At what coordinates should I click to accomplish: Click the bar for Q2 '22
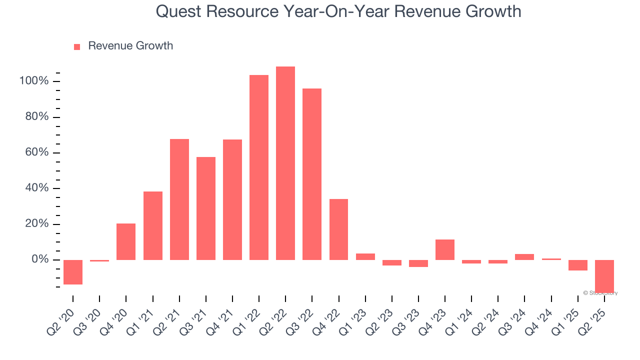(x=285, y=163)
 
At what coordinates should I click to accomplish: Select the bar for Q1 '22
(x=259, y=167)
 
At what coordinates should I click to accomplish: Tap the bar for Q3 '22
(x=312, y=174)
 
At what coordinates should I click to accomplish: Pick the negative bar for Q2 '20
(x=73, y=272)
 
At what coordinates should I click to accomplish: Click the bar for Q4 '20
(x=126, y=241)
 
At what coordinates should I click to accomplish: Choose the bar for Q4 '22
(x=338, y=229)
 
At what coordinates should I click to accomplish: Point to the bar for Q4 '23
(x=445, y=249)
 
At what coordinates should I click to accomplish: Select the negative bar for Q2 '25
(x=604, y=276)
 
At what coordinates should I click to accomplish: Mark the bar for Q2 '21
(x=179, y=199)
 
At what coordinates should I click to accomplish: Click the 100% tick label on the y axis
(x=33, y=81)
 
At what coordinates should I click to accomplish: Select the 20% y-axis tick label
(x=36, y=224)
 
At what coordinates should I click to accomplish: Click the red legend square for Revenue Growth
(x=77, y=47)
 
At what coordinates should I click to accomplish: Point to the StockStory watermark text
(x=600, y=293)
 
